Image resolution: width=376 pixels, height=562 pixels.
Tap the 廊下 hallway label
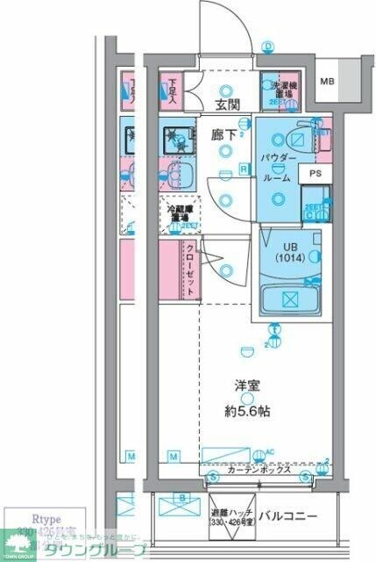[223, 136]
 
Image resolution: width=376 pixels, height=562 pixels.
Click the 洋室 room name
[245, 385]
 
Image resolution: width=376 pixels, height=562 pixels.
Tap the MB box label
[326, 83]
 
